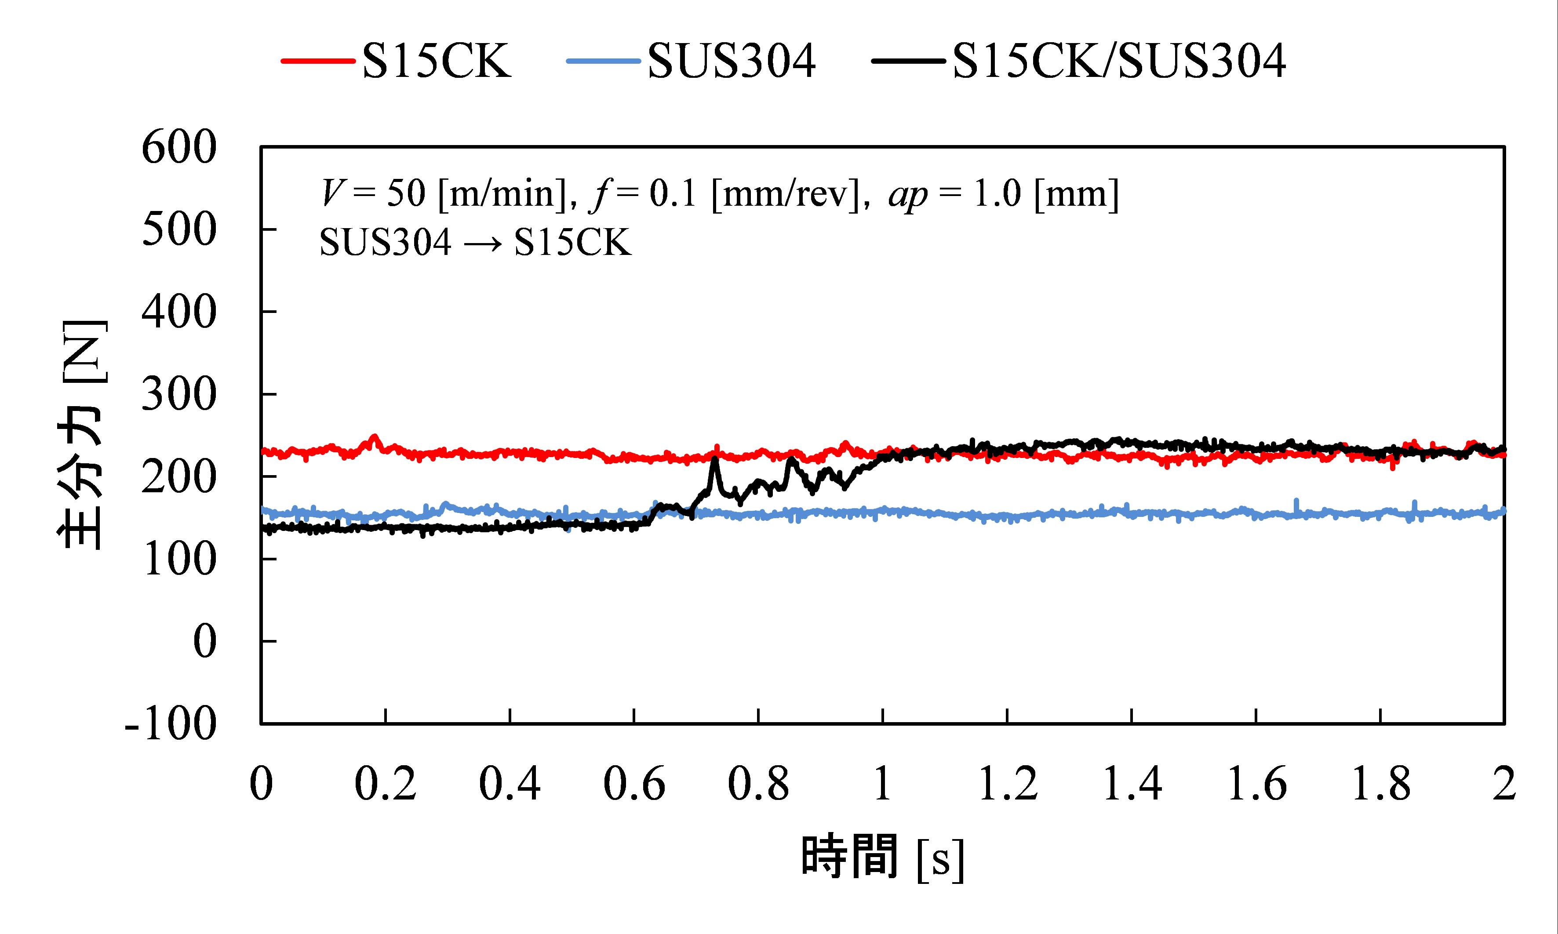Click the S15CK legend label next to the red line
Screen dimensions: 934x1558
(436, 62)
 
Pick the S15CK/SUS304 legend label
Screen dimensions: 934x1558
(1119, 62)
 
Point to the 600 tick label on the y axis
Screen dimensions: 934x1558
(179, 149)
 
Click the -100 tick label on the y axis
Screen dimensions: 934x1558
(171, 724)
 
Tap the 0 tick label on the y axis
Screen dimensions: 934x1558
(204, 643)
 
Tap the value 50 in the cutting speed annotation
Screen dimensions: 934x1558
(406, 194)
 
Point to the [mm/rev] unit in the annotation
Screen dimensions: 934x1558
(785, 194)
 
